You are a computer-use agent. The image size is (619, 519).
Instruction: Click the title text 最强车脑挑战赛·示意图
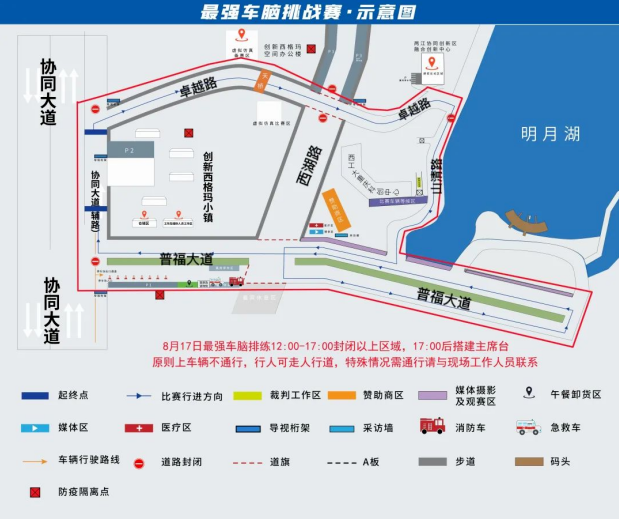point(308,12)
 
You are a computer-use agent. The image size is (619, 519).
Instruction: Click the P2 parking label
point(129,150)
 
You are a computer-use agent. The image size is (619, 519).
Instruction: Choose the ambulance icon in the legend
point(527,427)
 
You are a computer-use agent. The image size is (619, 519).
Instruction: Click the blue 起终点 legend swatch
point(35,396)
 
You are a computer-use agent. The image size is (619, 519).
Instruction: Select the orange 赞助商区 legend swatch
point(340,396)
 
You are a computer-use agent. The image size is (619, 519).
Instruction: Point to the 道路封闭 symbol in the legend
point(138,462)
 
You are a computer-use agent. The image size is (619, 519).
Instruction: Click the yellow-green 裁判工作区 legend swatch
point(246,396)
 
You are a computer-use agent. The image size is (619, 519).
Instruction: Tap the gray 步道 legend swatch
point(433,461)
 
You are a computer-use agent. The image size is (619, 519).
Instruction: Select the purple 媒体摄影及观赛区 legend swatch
point(433,396)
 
